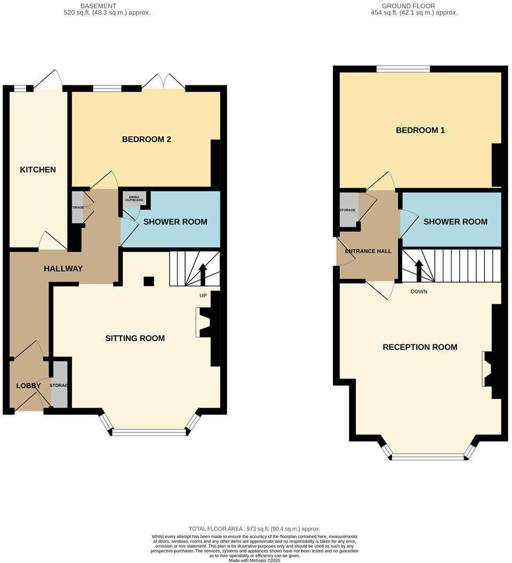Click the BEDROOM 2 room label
point(146,140)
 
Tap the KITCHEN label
point(38,170)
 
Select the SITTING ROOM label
point(135,338)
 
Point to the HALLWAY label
point(63,269)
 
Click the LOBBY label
point(28,385)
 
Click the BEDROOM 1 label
point(420,130)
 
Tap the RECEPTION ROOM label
point(420,347)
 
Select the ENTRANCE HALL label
point(368,251)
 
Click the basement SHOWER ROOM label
point(175,222)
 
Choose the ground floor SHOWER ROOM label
point(455,222)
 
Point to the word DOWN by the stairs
point(419,292)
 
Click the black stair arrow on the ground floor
point(419,270)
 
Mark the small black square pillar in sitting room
point(149,281)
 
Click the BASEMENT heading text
point(98,6)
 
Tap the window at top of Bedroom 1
point(403,68)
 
